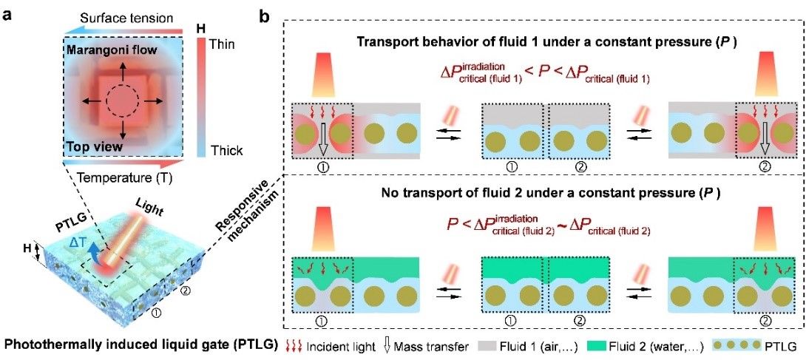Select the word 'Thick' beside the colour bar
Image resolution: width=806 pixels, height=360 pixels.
click(x=224, y=151)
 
